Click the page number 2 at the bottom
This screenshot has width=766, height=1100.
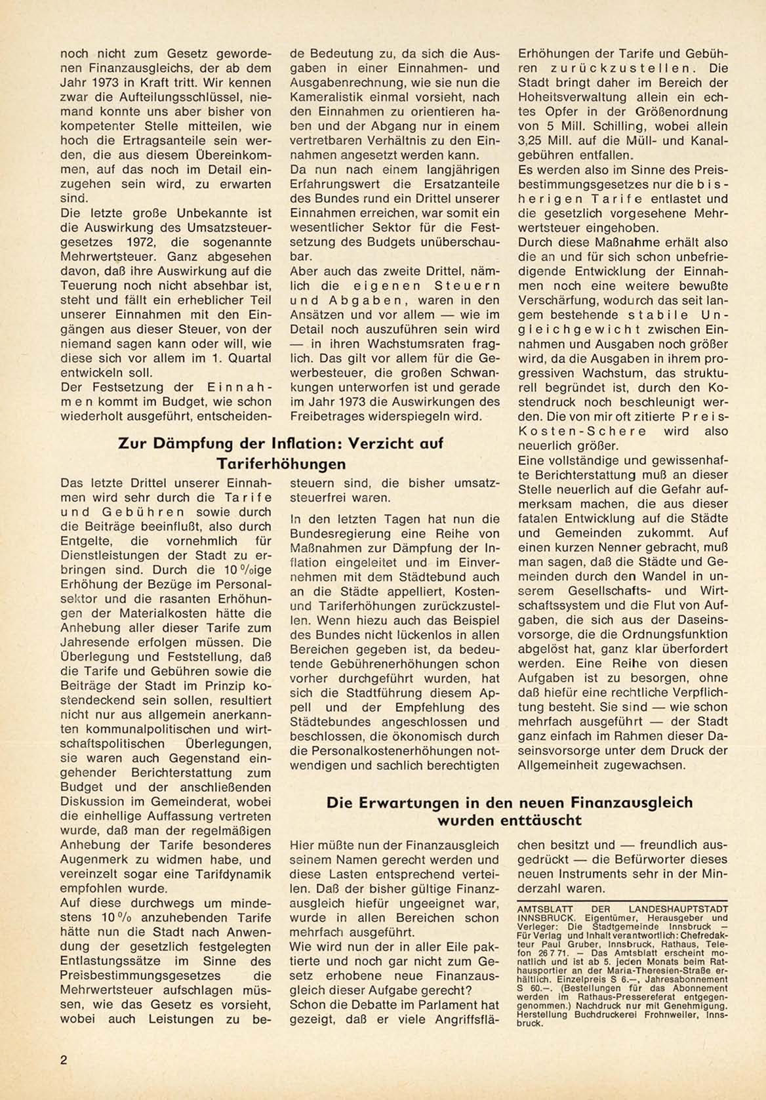click(64, 1060)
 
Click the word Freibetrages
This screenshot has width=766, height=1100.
click(331, 416)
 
